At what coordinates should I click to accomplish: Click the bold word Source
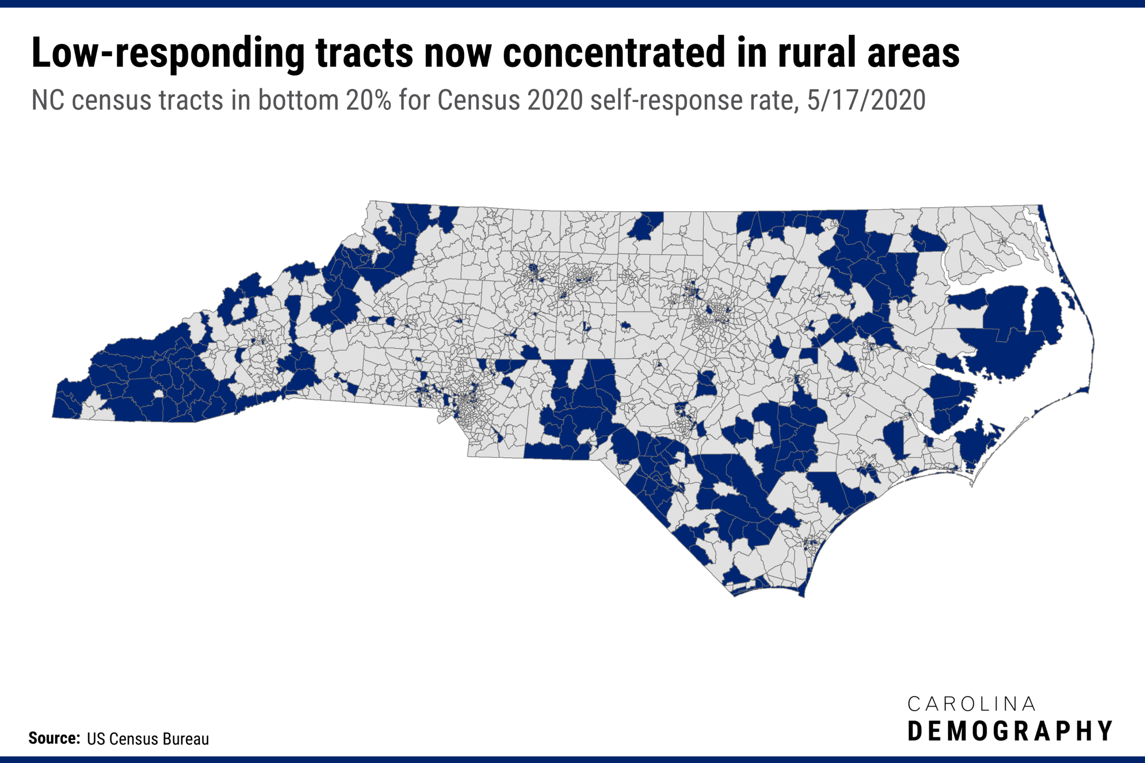[x=53, y=738]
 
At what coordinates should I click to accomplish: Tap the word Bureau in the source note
[x=186, y=739]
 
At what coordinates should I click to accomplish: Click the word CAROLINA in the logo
[x=971, y=704]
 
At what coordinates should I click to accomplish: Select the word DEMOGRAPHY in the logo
[x=1010, y=732]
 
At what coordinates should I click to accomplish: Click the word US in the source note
[x=95, y=739]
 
